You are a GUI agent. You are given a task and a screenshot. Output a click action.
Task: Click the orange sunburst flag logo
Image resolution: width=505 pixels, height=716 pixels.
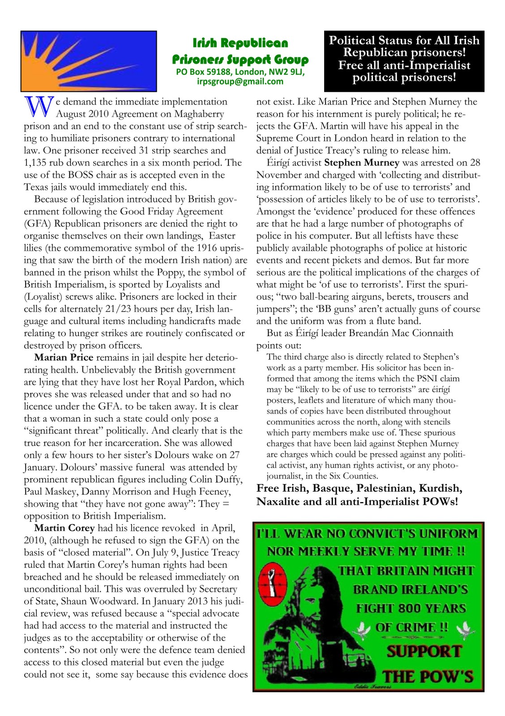pos(88,61)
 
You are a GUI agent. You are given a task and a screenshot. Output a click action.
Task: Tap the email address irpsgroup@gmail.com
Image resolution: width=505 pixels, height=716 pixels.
pos(240,81)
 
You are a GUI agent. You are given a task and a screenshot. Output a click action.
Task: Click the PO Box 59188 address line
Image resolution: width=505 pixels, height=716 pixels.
pos(240,72)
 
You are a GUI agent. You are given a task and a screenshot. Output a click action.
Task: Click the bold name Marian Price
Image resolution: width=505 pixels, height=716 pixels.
pos(64,358)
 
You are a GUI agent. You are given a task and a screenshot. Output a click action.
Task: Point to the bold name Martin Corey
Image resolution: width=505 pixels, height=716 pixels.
pos(64,528)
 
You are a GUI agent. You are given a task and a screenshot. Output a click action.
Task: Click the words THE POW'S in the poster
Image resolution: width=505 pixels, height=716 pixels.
pos(428,676)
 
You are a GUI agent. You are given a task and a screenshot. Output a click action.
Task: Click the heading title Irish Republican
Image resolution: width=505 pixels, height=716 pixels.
pos(240,43)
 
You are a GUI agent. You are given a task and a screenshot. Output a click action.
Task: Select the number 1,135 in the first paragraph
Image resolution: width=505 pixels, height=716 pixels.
pos(37,162)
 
